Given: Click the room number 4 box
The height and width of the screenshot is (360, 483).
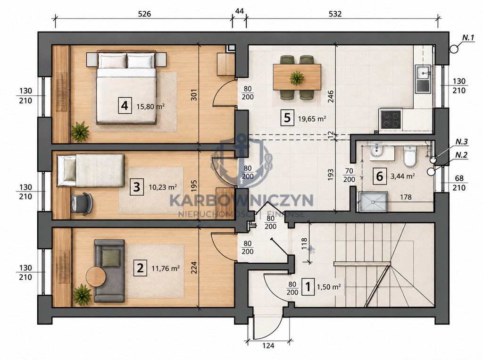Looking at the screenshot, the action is click(x=125, y=106).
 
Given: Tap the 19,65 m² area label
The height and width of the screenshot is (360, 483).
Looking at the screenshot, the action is click(x=312, y=118).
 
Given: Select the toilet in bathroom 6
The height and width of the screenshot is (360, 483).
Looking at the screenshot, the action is click(x=410, y=156).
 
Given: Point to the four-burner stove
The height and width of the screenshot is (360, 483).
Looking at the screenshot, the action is click(x=391, y=119).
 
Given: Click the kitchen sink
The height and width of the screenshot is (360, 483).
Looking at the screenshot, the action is click(x=424, y=79).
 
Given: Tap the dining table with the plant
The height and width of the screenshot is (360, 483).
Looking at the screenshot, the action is click(x=297, y=77).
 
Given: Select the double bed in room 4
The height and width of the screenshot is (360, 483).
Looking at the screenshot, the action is click(x=126, y=87).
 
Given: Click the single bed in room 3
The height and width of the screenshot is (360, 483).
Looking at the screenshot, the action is click(x=91, y=170).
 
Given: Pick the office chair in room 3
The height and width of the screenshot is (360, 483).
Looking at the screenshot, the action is click(x=82, y=203).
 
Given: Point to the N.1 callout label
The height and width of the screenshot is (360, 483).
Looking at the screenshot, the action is click(x=468, y=38).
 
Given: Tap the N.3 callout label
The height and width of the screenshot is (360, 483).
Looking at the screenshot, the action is click(x=462, y=142).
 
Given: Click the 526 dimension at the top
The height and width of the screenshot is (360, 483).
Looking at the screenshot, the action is click(x=144, y=14).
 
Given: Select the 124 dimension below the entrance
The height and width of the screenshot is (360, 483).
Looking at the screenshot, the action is click(x=268, y=346).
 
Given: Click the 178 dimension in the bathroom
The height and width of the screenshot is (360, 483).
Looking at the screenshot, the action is click(x=406, y=197).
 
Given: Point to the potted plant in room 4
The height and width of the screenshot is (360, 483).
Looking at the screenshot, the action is click(x=80, y=131).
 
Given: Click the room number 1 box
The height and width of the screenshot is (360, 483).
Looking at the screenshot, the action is click(x=308, y=287).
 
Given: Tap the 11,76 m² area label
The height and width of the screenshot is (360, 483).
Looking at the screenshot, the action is click(x=166, y=268).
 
